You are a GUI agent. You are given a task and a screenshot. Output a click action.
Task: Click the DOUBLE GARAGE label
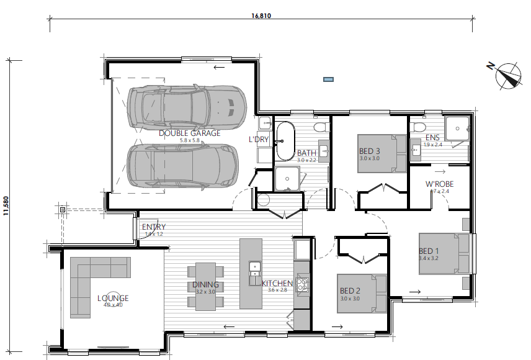[x=189, y=133]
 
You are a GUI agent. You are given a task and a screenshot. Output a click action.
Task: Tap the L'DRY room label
[x=259, y=140]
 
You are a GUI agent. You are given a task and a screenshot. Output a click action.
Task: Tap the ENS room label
[x=432, y=138]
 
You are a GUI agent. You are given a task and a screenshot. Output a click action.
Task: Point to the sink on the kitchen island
[x=254, y=272]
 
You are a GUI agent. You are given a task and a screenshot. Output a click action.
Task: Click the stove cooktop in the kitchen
[x=302, y=285]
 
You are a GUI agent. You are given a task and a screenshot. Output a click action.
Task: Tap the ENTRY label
[x=153, y=227]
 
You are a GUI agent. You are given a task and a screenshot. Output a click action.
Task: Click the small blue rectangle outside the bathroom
[x=328, y=79]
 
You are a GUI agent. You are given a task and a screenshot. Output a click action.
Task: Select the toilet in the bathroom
[x=320, y=127]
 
